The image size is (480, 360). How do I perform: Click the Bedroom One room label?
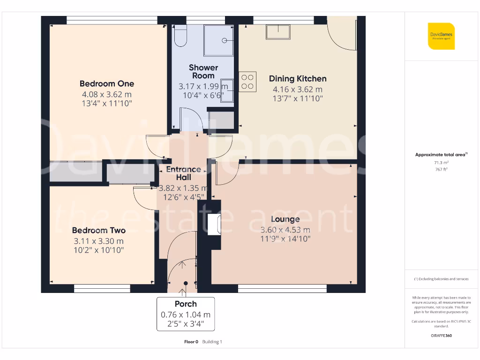pyautogui.click(x=107, y=83)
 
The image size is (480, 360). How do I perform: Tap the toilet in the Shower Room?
pyautogui.click(x=180, y=36)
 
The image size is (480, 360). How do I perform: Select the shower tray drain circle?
pyautogui.click(x=225, y=40)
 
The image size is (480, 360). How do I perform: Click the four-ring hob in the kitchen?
pyautogui.click(x=247, y=82)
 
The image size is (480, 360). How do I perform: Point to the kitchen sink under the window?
pyautogui.click(x=278, y=32)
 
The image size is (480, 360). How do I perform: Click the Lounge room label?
pyautogui.click(x=285, y=219)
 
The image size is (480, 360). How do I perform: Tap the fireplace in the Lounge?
pyautogui.click(x=214, y=225)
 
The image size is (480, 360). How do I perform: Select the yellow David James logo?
pyautogui.click(x=441, y=36)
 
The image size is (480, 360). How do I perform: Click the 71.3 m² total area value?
pyautogui.click(x=441, y=163)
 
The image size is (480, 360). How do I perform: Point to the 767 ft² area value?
pyautogui.click(x=441, y=169)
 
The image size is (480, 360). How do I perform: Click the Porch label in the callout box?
pyautogui.click(x=186, y=304)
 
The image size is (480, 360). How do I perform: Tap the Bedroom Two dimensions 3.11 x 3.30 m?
pyautogui.click(x=98, y=241)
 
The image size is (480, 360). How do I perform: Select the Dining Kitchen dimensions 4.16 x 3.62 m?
pyautogui.click(x=298, y=90)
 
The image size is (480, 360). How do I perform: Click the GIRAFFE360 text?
pyautogui.click(x=441, y=336)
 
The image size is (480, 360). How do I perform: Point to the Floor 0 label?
pyautogui.click(x=191, y=342)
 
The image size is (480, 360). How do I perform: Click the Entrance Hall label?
pyautogui.click(x=184, y=173)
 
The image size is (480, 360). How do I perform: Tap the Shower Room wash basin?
pyautogui.click(x=227, y=90)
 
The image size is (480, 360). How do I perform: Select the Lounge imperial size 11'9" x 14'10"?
pyautogui.click(x=285, y=239)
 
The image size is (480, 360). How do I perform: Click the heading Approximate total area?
pyautogui.click(x=440, y=155)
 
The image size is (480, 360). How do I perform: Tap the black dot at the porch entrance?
pyautogui.click(x=186, y=283)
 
